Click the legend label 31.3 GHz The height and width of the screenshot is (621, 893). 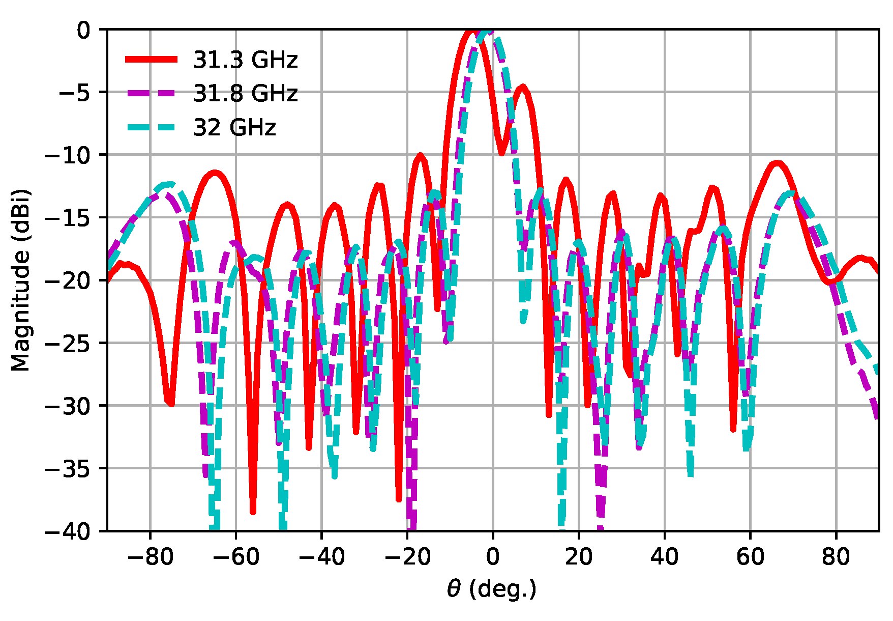[x=245, y=60]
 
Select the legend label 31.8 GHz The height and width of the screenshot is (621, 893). [x=245, y=94]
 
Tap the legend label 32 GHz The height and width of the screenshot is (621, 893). [x=234, y=127]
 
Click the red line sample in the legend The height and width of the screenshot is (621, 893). [x=151, y=60]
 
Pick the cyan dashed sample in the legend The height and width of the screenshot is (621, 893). [x=151, y=127]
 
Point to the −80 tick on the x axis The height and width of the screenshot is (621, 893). [x=150, y=557]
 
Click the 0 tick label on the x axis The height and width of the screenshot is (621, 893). [x=492, y=557]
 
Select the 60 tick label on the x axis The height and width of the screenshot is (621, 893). [x=750, y=557]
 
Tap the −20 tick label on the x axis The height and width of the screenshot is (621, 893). [x=407, y=557]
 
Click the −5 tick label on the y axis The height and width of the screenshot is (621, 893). [x=75, y=93]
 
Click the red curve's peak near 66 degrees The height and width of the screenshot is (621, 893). [x=777, y=163]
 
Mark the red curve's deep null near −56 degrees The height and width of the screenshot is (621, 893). [x=253, y=512]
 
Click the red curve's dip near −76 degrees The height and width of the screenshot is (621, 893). [x=170, y=404]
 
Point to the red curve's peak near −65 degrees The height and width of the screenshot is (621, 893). [x=216, y=173]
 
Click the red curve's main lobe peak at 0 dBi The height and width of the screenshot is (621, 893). [x=473, y=31]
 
